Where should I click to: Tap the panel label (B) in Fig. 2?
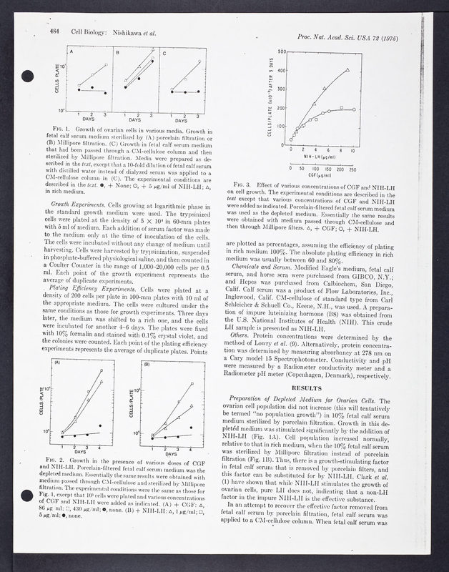tap(148, 363)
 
